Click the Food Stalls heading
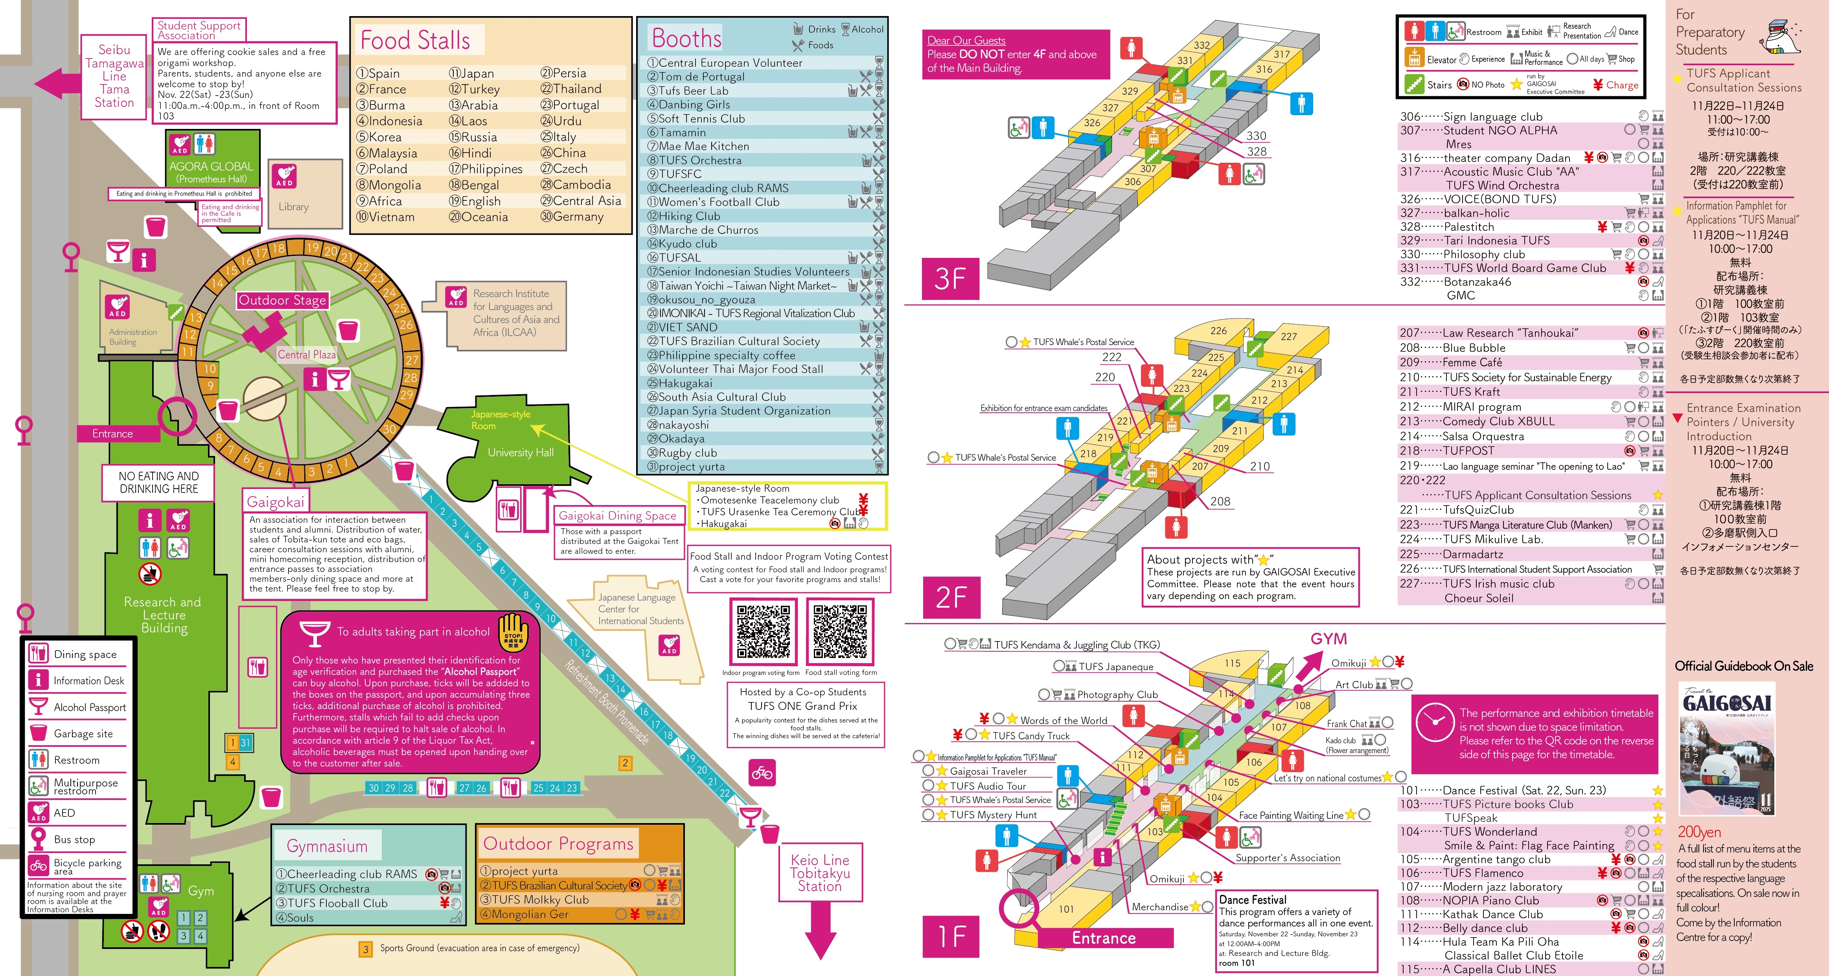[415, 40]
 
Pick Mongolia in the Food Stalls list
[389, 185]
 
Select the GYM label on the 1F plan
[1329, 639]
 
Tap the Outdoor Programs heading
[558, 844]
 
